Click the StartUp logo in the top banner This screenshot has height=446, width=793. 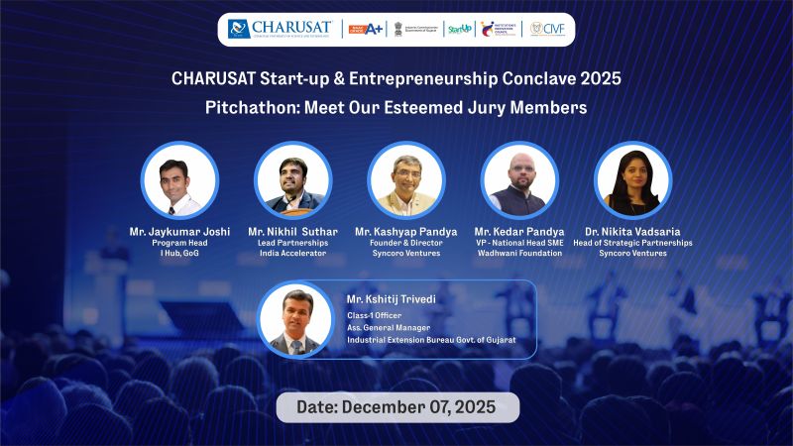(x=458, y=29)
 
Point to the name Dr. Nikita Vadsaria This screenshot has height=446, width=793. (x=632, y=232)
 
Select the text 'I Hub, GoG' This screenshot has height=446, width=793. (x=179, y=254)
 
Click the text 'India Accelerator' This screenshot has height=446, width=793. (x=292, y=254)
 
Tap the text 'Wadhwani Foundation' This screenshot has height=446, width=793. (x=518, y=254)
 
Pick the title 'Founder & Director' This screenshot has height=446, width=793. (x=405, y=243)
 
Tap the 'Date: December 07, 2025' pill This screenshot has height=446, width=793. (x=397, y=406)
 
